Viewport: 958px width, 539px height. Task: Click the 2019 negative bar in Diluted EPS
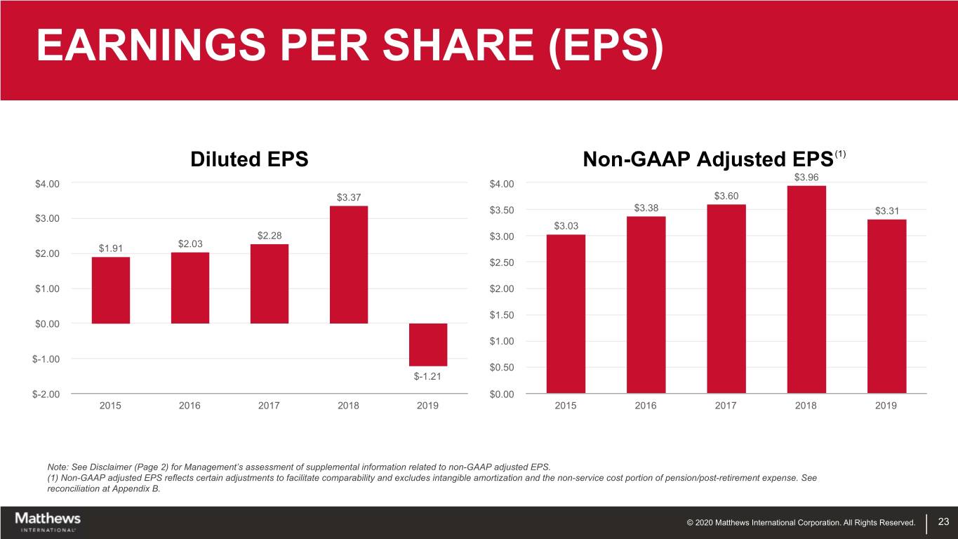(427, 345)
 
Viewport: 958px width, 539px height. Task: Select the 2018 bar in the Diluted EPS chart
(348, 265)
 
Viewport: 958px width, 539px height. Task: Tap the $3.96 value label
(806, 177)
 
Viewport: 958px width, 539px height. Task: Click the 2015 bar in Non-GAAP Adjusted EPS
(566, 314)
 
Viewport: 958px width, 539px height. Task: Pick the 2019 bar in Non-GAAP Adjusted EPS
(886, 307)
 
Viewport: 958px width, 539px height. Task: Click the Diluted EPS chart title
(249, 159)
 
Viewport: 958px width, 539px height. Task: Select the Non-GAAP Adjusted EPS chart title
(708, 160)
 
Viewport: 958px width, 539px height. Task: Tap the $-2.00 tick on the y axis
(46, 394)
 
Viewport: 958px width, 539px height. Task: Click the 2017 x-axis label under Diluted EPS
(269, 406)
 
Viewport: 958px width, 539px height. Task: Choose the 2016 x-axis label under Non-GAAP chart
(646, 406)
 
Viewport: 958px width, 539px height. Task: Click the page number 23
(943, 521)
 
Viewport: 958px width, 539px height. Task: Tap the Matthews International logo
(48, 521)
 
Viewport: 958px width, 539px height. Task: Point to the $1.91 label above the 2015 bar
(110, 248)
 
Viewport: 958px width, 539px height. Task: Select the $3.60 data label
(726, 196)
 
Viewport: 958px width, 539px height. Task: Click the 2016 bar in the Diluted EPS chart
(189, 288)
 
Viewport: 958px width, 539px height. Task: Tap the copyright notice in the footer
(801, 522)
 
